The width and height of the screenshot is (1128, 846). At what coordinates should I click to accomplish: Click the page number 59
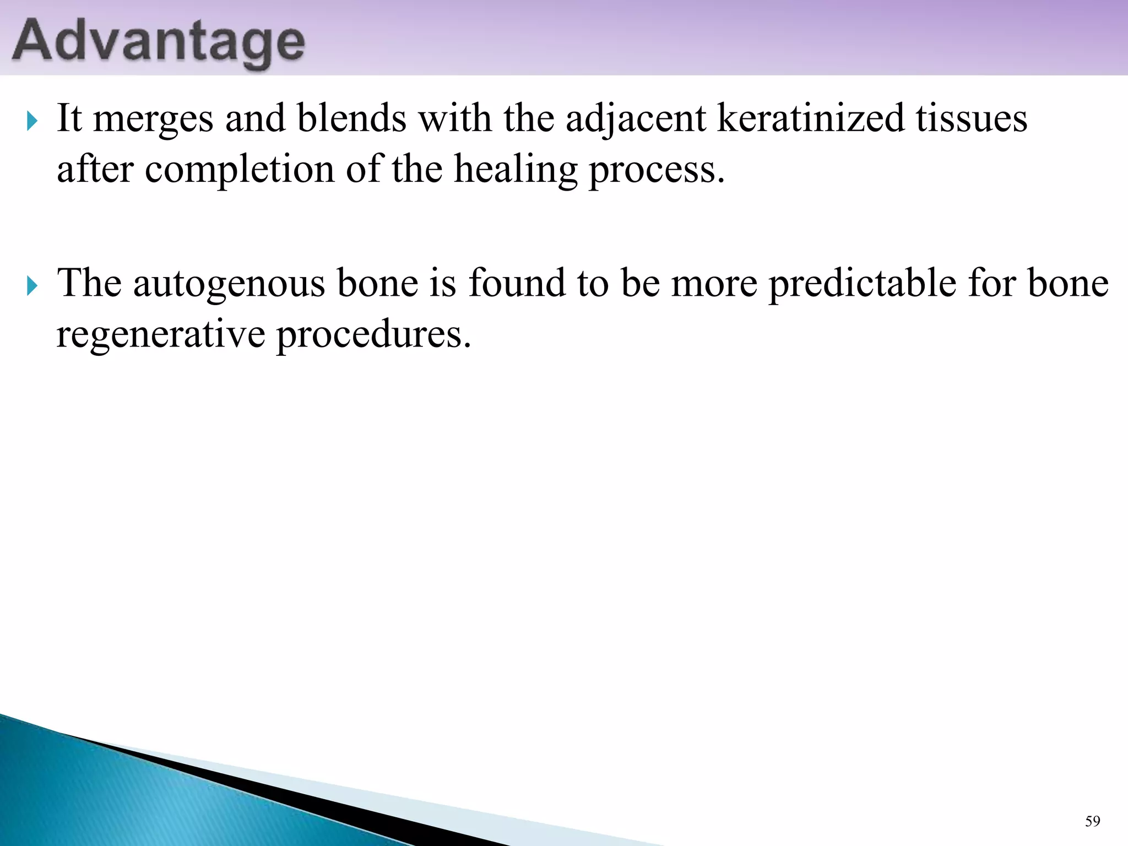(1092, 822)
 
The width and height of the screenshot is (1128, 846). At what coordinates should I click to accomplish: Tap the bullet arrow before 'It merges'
(32, 120)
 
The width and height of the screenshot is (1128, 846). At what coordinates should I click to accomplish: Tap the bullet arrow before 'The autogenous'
(32, 285)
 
